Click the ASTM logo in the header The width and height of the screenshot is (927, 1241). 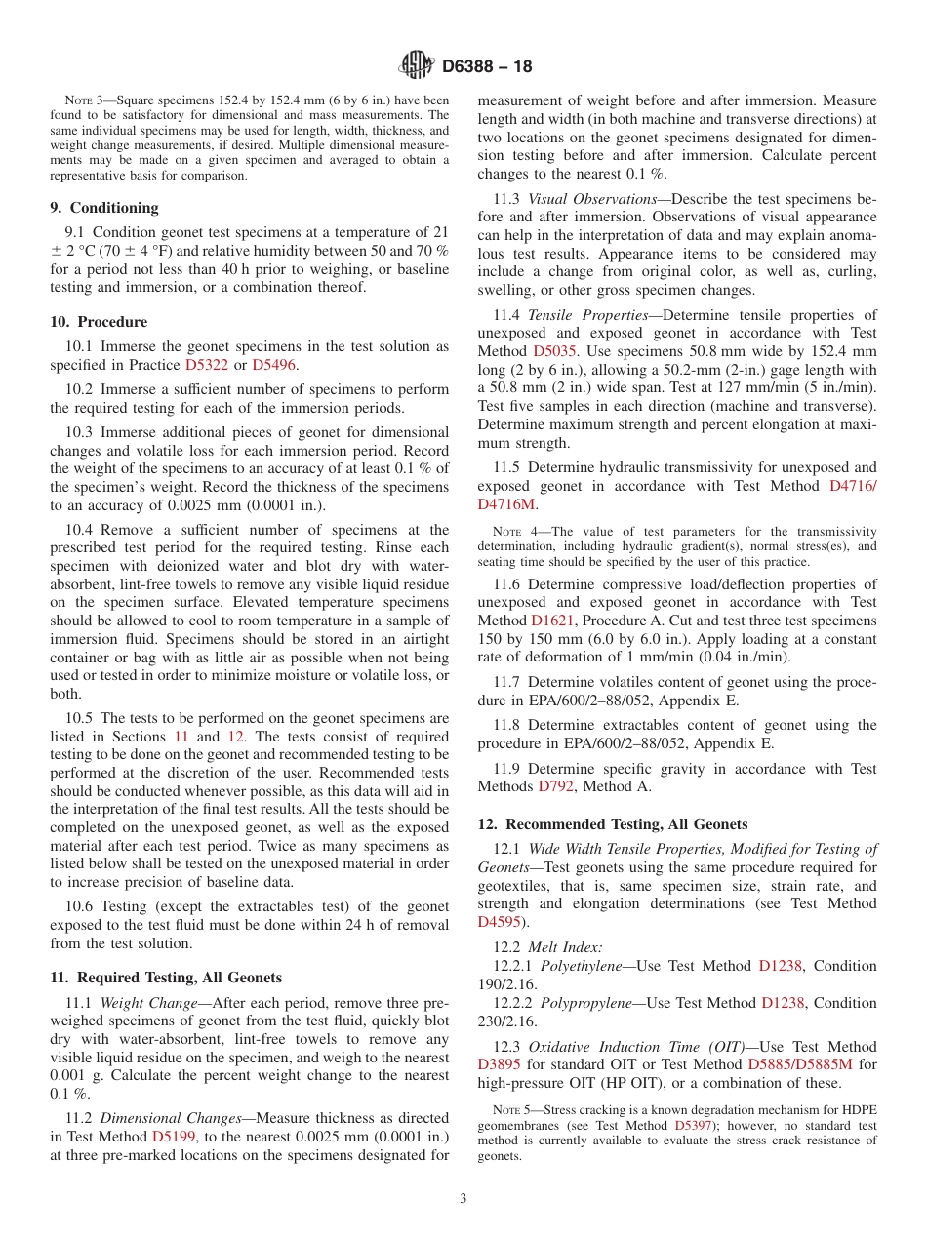[416, 66]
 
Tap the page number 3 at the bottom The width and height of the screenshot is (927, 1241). [463, 1198]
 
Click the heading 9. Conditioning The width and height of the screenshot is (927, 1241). [104, 208]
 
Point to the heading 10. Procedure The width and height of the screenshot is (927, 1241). [99, 322]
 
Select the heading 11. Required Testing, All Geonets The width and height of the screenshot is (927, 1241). [166, 978]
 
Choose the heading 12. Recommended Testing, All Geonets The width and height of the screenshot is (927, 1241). [613, 824]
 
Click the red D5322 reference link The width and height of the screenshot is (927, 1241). [206, 365]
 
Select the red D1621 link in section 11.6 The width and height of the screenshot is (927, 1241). [552, 620]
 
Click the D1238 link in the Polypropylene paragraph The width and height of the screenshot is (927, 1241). [782, 1003]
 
